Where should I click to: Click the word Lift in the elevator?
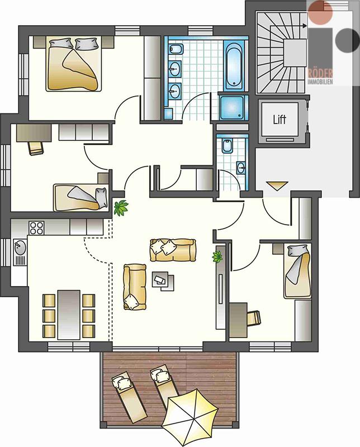[x=280, y=119]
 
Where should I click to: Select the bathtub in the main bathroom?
[x=234, y=65]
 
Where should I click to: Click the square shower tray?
[x=232, y=107]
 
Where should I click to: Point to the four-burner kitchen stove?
[x=36, y=228]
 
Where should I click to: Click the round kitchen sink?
[x=20, y=248]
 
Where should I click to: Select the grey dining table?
[x=69, y=315]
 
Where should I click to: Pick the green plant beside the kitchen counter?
[x=121, y=208]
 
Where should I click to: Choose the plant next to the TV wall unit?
[x=218, y=256]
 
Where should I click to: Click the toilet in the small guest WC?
[x=227, y=146]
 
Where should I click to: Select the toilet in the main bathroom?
[x=174, y=49]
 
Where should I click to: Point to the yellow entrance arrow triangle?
[x=277, y=186]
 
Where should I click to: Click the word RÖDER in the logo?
[x=320, y=74]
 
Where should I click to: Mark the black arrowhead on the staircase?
[x=304, y=26]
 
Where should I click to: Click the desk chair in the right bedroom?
[x=254, y=318]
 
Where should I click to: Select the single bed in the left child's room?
[x=80, y=197]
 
